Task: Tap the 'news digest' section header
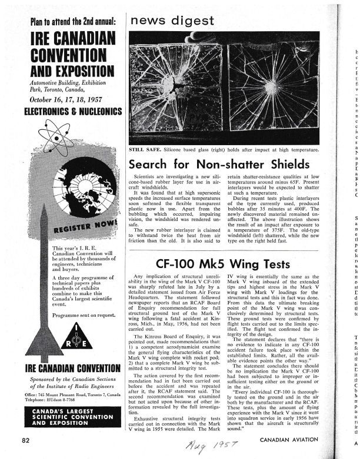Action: click(x=172, y=21)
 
